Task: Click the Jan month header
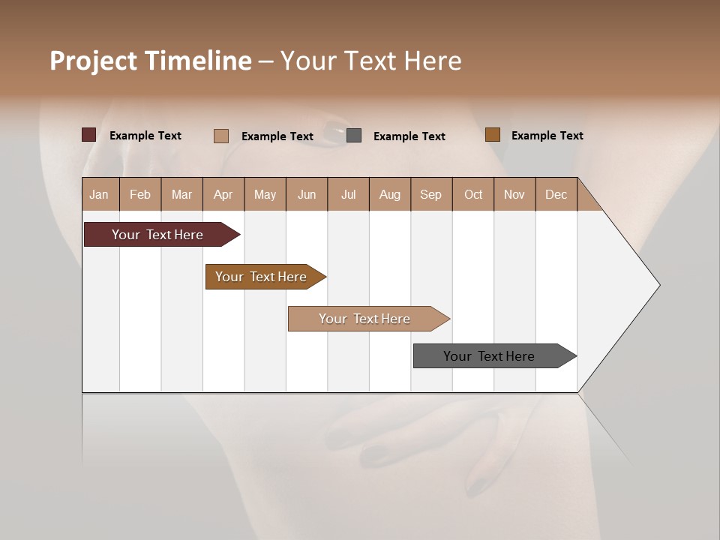click(100, 194)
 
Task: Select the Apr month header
click(223, 194)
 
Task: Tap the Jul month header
click(348, 194)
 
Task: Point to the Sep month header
click(430, 194)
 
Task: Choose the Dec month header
click(556, 194)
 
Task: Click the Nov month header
click(514, 194)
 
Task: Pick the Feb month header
click(140, 194)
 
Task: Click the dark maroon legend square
click(88, 135)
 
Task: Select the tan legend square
click(220, 136)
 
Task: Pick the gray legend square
click(354, 135)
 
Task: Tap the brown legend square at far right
click(492, 135)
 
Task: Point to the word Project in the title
click(93, 61)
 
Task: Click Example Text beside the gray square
click(409, 136)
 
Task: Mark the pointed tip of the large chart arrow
click(658, 285)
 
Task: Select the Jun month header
click(307, 194)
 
